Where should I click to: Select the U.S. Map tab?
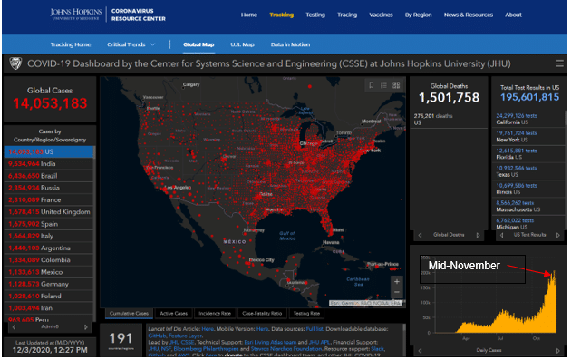(x=242, y=44)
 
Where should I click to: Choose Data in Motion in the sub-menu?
(x=291, y=44)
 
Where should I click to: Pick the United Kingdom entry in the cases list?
(x=53, y=211)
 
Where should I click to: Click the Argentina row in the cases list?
(x=44, y=247)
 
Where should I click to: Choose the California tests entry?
(x=521, y=120)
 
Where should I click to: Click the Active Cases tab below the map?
(x=173, y=313)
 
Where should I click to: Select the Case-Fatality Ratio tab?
(x=261, y=313)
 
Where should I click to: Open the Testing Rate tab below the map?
(x=306, y=313)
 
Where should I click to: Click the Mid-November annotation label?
(x=464, y=265)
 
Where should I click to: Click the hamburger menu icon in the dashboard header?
(x=559, y=64)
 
